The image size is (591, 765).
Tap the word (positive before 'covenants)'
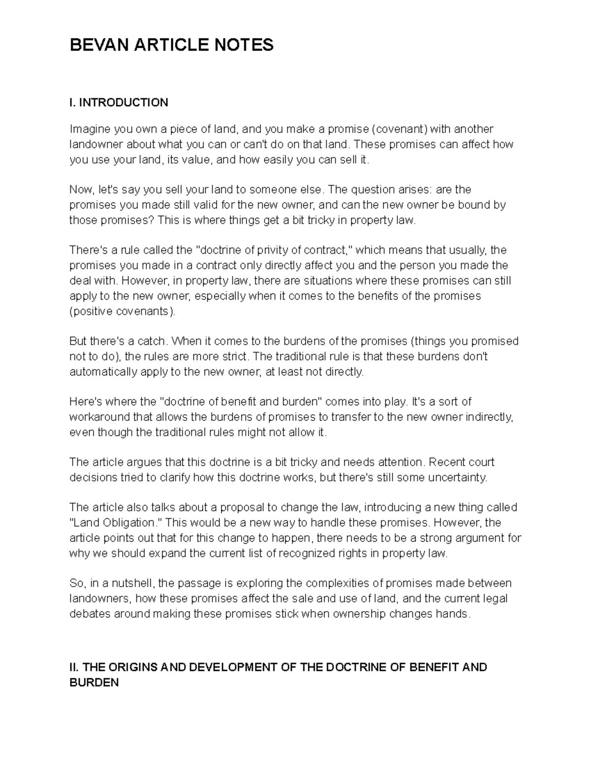(x=91, y=311)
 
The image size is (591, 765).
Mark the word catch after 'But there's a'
(x=153, y=341)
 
